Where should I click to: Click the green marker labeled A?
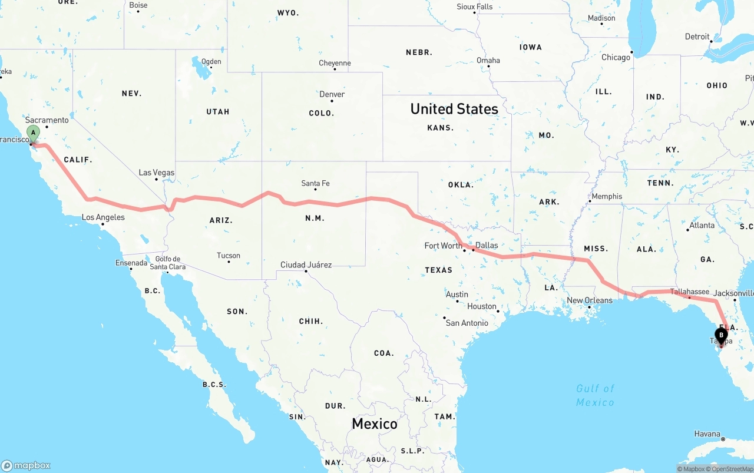click(34, 133)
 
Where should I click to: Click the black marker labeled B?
click(721, 335)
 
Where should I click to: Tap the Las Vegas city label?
click(157, 173)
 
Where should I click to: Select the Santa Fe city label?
click(315, 183)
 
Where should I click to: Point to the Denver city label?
click(332, 94)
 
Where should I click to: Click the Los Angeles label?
click(103, 217)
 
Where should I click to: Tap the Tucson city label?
click(229, 256)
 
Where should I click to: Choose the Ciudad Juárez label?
click(306, 265)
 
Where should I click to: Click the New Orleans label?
click(589, 300)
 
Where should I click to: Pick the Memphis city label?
click(607, 196)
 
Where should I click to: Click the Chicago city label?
click(616, 57)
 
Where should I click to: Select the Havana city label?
click(707, 434)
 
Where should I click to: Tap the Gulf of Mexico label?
click(595, 395)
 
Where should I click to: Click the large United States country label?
click(454, 109)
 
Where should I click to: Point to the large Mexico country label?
click(375, 424)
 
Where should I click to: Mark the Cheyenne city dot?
click(335, 70)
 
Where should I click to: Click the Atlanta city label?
click(702, 225)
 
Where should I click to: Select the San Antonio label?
click(467, 323)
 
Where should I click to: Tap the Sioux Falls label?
click(474, 6)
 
